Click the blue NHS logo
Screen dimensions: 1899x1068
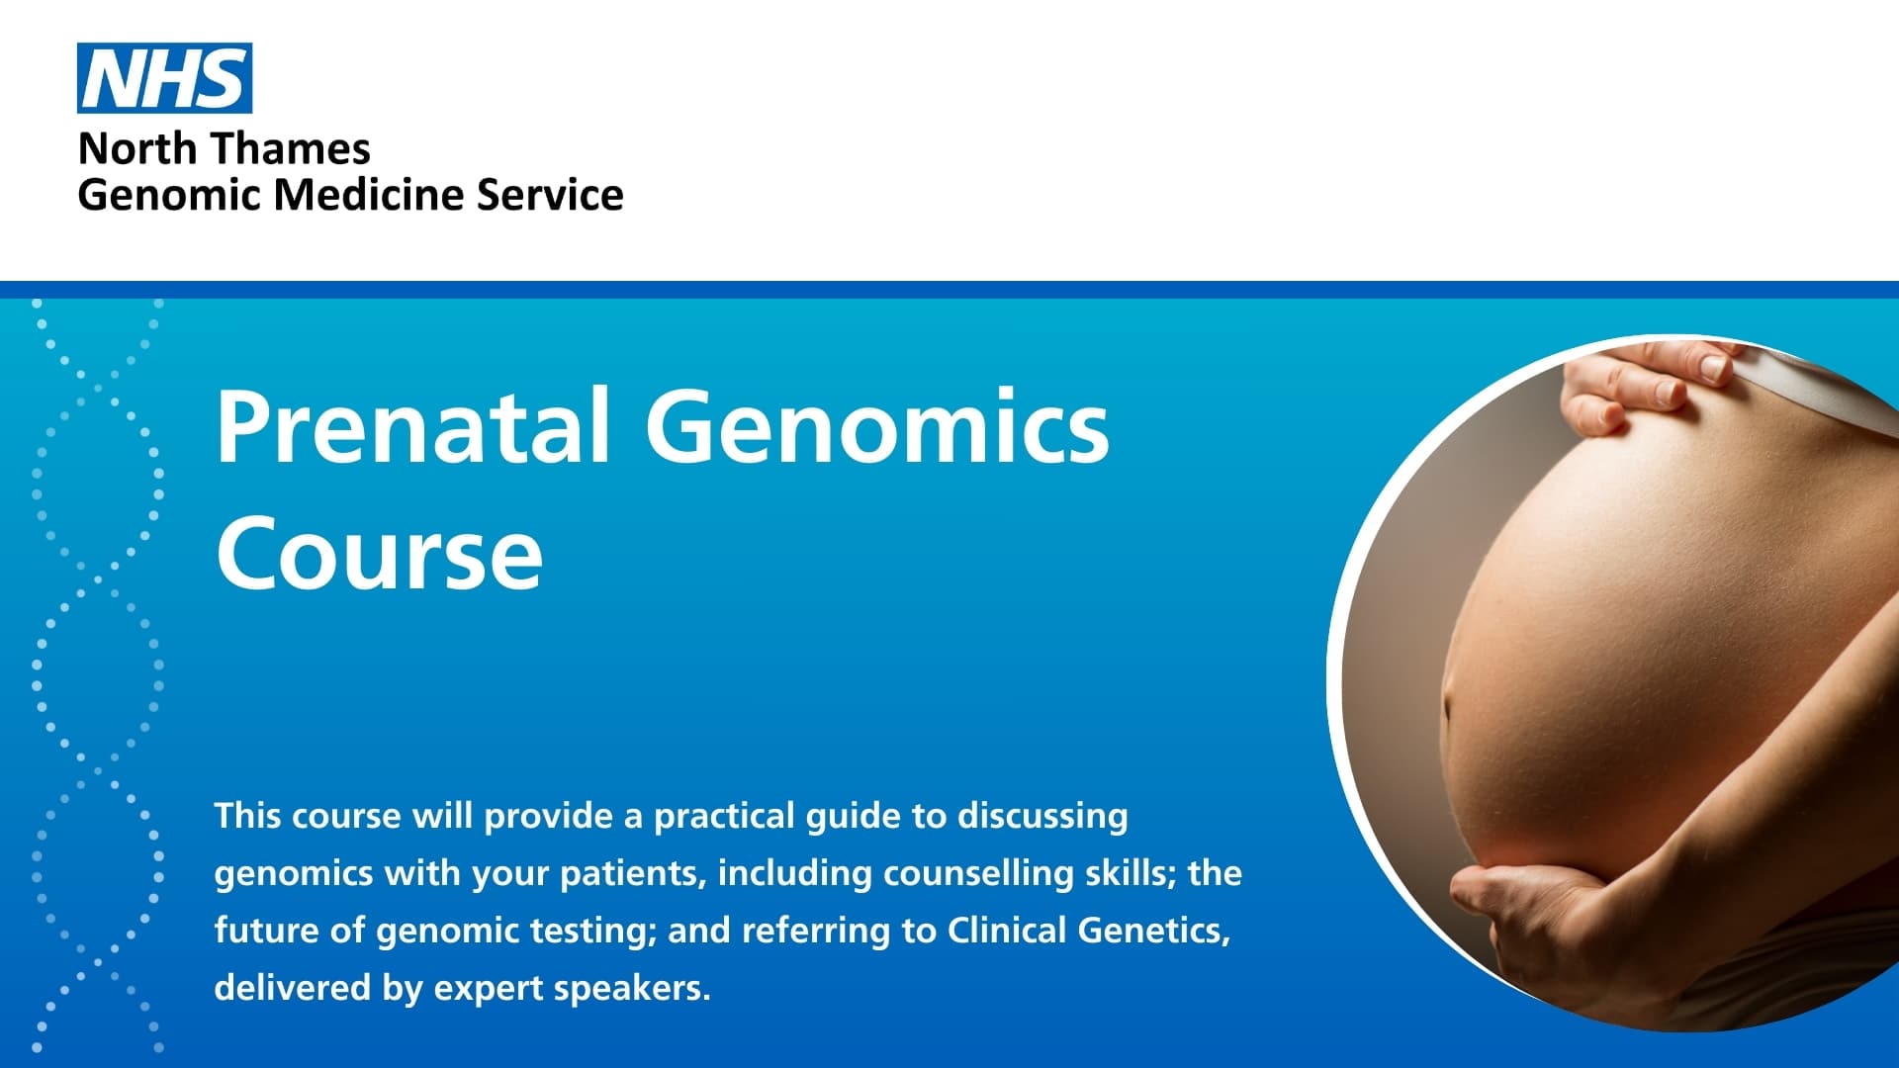(164, 78)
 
